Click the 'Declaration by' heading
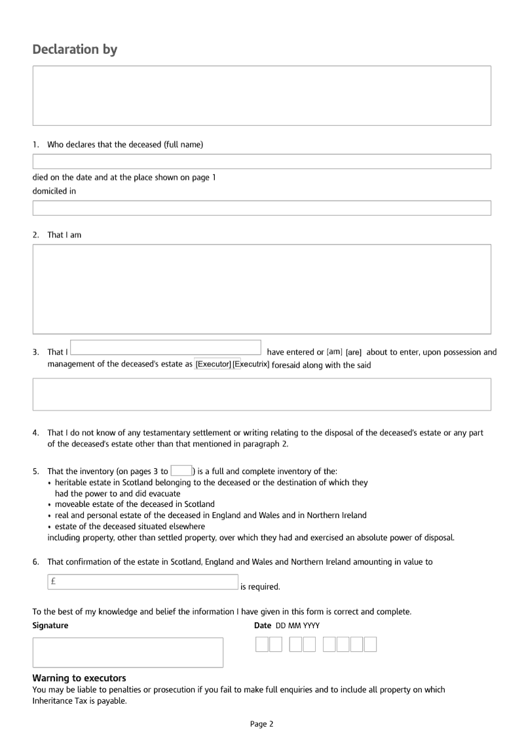pos(75,50)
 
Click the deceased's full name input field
pos(261,161)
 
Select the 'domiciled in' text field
pos(261,208)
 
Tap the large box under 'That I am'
pos(261,289)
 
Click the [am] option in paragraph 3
pos(334,351)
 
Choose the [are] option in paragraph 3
pos(354,352)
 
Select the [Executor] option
pos(213,364)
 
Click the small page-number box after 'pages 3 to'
pos(181,470)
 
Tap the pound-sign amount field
pos(142,582)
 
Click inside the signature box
pos(128,652)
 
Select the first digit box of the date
pos(262,645)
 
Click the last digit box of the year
pos(370,645)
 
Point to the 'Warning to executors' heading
pos(79,678)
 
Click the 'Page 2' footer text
pos(261,724)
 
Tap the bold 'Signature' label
pos(50,626)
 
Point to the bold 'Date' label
pos(263,626)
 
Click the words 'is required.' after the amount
pos(260,587)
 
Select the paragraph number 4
pos(35,433)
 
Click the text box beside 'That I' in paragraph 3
pos(165,348)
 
